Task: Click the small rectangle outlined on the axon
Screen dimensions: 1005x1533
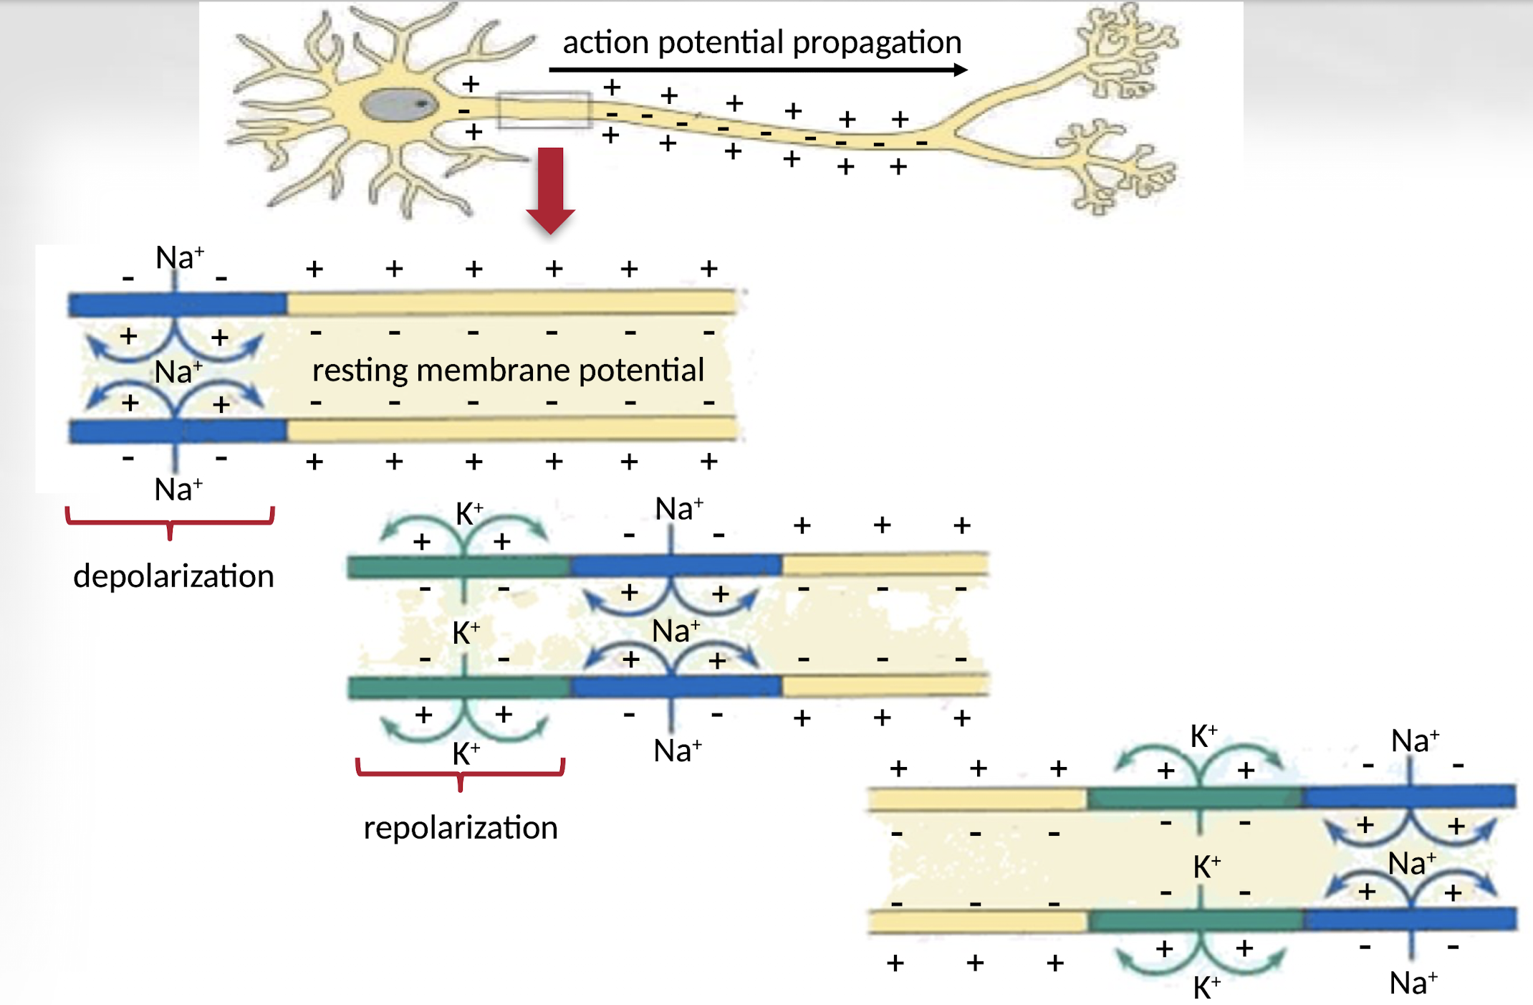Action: [x=544, y=110]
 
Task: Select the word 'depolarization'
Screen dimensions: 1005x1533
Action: [x=173, y=576]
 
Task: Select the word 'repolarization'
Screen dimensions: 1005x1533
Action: [x=460, y=828]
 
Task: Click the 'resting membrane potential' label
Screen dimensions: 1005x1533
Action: [x=508, y=371]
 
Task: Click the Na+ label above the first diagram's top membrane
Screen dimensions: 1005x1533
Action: [x=180, y=257]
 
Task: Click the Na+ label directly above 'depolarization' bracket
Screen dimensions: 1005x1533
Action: [x=178, y=490]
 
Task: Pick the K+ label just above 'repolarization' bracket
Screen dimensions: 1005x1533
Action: [x=466, y=753]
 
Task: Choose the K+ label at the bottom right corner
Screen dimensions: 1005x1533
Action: [x=1206, y=987]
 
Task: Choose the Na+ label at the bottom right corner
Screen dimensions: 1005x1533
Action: [x=1413, y=983]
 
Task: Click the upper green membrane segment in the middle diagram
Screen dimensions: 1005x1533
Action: [x=458, y=567]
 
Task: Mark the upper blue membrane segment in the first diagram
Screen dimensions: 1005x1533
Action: [x=177, y=305]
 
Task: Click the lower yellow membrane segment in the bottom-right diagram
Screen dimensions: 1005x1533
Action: [x=978, y=920]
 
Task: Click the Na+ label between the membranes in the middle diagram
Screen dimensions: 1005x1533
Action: [x=676, y=632]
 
